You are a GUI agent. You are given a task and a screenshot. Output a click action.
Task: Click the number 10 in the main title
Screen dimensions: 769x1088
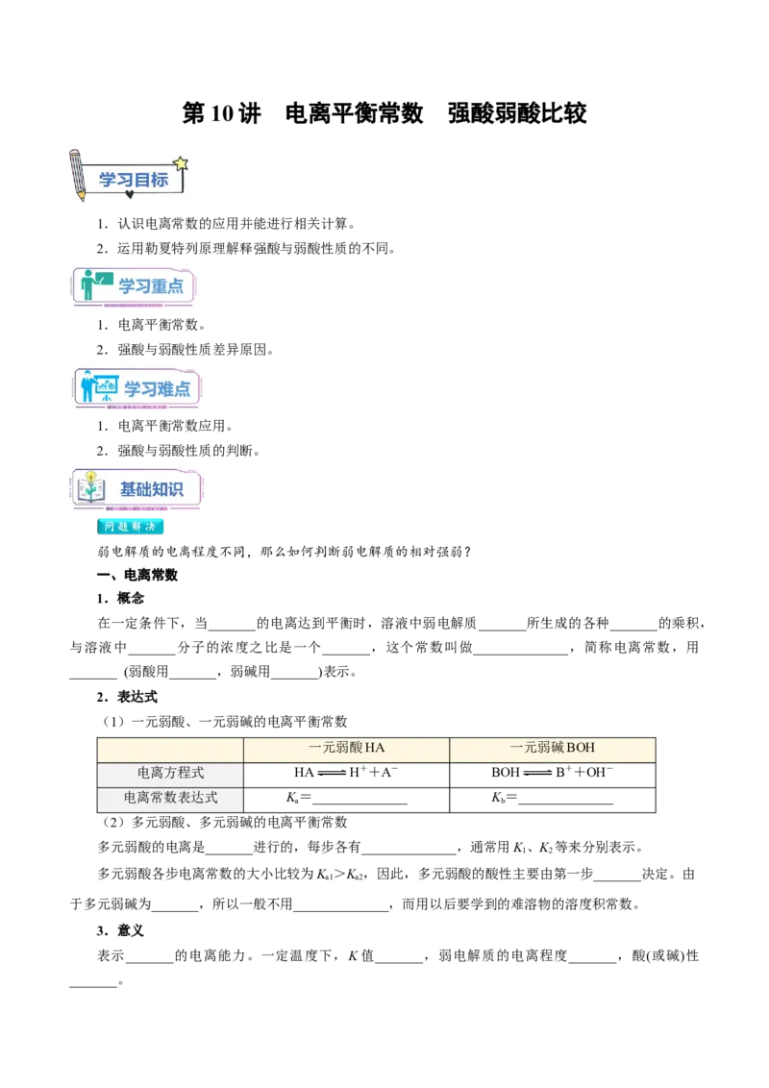[x=221, y=113]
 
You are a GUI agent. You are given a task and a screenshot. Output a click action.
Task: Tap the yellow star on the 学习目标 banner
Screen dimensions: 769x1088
[x=181, y=163]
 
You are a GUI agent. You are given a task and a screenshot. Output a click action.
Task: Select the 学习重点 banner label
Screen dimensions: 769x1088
[x=151, y=285]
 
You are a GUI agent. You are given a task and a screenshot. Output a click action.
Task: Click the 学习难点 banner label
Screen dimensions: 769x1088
[x=157, y=388]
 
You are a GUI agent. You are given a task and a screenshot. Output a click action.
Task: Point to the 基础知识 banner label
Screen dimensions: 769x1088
[x=151, y=489]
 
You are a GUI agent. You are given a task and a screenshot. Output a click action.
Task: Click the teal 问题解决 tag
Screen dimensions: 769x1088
[x=130, y=527]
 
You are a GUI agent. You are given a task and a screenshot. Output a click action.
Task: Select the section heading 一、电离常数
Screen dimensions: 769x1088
[x=137, y=575]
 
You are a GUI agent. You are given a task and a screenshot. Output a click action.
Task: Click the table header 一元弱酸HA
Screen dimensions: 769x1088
[x=346, y=748]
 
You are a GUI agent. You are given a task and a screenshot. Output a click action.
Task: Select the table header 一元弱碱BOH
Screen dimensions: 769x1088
[x=553, y=748]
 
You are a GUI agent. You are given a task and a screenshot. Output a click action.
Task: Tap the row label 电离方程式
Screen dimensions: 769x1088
[x=170, y=773]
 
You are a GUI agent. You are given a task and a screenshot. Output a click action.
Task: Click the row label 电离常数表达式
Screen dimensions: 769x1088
[x=170, y=798]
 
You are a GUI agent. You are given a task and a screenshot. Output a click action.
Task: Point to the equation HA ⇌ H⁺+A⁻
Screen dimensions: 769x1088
[x=346, y=773]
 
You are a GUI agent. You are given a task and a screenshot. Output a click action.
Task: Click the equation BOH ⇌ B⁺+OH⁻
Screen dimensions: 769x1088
[x=553, y=773]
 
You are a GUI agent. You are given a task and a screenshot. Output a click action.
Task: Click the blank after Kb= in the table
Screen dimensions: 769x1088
[x=565, y=803]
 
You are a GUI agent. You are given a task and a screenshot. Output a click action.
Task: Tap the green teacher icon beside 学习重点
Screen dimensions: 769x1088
[x=94, y=284]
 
